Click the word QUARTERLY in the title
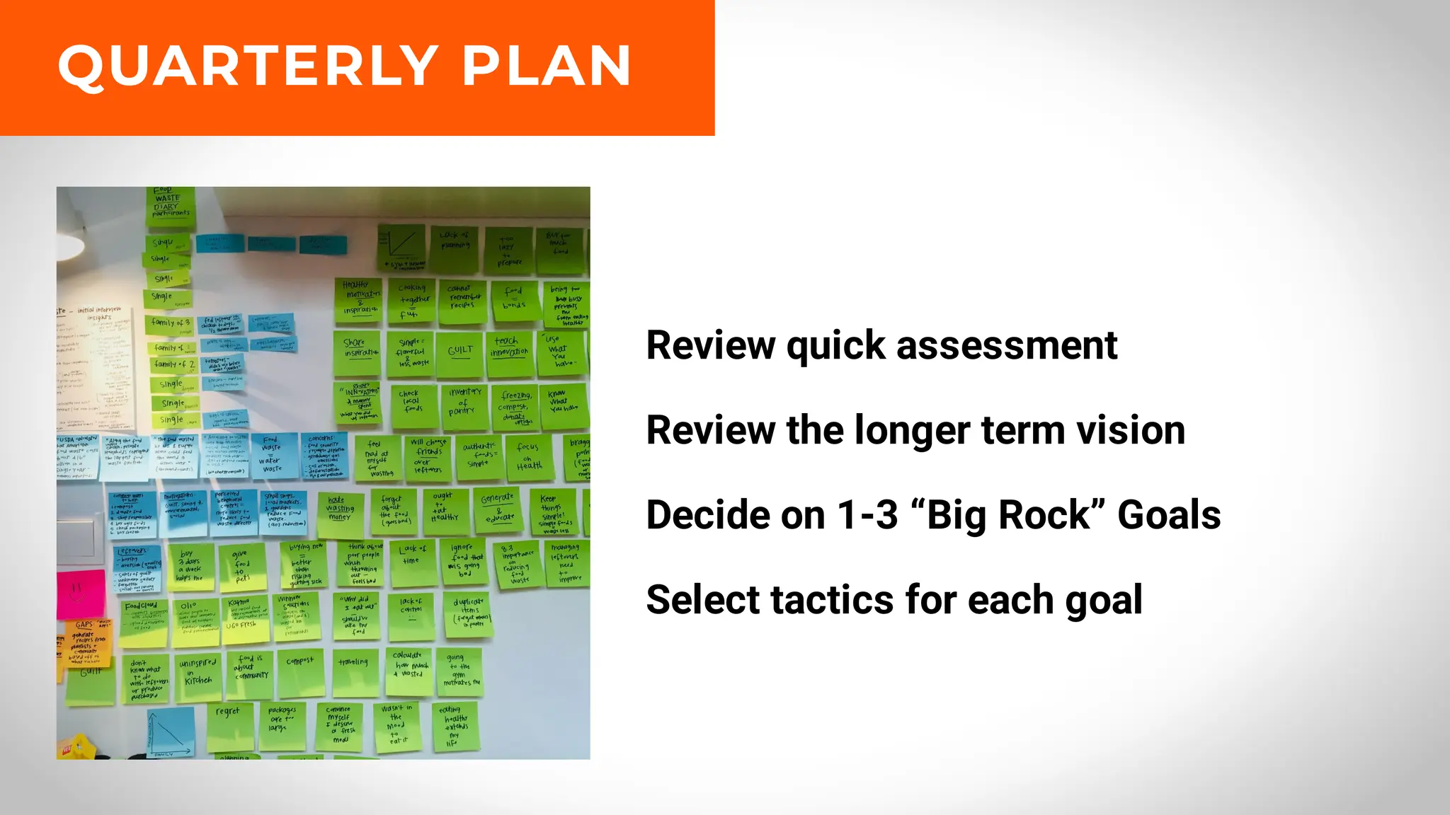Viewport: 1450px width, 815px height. pyautogui.click(x=248, y=66)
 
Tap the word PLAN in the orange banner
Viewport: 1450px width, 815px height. pyautogui.click(x=546, y=66)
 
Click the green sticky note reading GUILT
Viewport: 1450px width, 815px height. pyautogui.click(x=460, y=351)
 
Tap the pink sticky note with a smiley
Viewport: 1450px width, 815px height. pyautogui.click(x=79, y=593)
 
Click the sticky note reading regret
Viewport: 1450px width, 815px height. pyautogui.click(x=228, y=725)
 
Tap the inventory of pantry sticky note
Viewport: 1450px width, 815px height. pyautogui.click(x=464, y=405)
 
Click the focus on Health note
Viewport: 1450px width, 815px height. pyautogui.click(x=529, y=457)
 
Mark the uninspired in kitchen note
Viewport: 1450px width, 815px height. pyautogui.click(x=198, y=676)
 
